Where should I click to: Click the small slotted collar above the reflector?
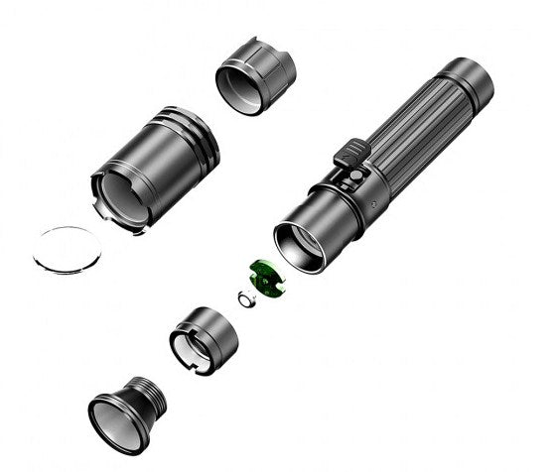[204, 338]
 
